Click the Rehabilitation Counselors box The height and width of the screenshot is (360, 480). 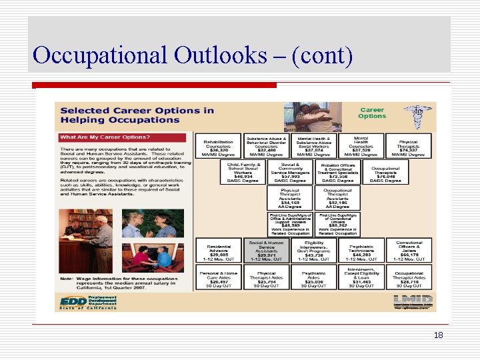[x=219, y=146]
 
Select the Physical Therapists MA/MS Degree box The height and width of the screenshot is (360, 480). [x=408, y=146]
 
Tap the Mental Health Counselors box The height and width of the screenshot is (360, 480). [x=361, y=146]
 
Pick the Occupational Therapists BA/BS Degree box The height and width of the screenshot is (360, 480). [x=385, y=173]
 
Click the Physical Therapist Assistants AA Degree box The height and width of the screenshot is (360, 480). [x=290, y=198]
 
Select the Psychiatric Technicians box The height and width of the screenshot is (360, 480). [x=361, y=250]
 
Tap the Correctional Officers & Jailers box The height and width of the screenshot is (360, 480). [x=409, y=250]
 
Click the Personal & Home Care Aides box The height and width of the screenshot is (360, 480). [x=219, y=277]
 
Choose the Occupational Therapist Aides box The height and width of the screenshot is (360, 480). [x=409, y=277]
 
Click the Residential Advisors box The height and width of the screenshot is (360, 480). [x=219, y=250]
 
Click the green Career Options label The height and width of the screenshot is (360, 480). [x=372, y=113]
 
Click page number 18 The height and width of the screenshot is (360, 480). [x=438, y=335]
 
